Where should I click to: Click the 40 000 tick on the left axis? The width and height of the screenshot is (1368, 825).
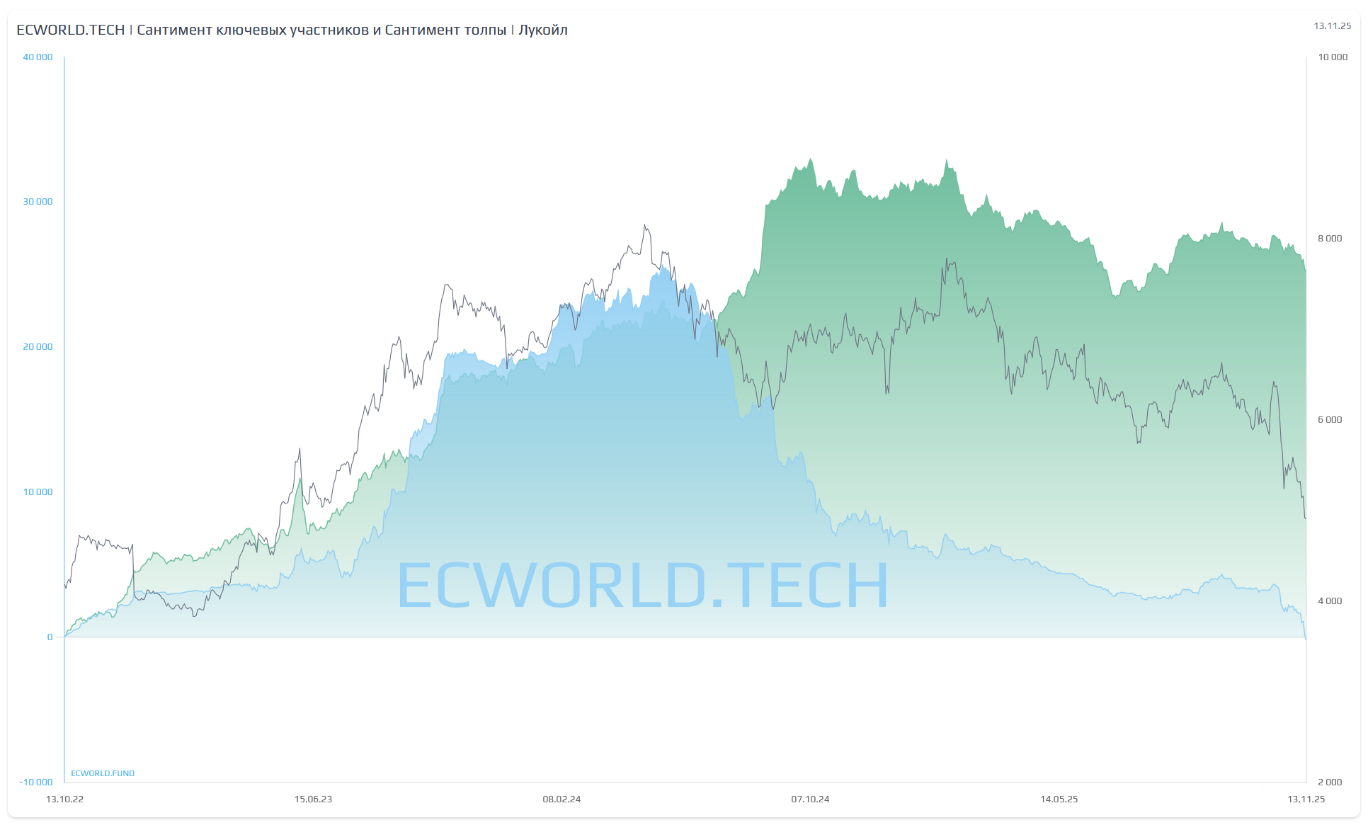click(38, 57)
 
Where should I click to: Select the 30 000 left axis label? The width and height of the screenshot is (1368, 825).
click(38, 202)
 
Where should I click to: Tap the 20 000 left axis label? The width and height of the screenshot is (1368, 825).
click(38, 347)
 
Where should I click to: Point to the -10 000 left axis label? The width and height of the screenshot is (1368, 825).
click(36, 783)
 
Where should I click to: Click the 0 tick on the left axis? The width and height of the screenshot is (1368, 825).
click(50, 637)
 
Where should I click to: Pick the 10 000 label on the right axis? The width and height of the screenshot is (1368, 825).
click(1332, 57)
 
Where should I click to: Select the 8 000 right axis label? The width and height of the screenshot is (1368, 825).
click(1329, 239)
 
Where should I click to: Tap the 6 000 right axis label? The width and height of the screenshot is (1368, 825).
click(1329, 420)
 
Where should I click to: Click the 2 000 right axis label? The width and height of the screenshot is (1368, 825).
click(1329, 783)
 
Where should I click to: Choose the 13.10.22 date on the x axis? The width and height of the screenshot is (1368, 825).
click(64, 800)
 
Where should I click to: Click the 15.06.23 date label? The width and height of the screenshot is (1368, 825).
click(313, 800)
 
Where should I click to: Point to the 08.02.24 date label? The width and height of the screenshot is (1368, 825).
click(562, 800)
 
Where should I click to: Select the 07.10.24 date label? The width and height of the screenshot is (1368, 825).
click(810, 800)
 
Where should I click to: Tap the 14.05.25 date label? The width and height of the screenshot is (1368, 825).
click(1059, 800)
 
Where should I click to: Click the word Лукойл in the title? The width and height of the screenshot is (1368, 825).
click(542, 30)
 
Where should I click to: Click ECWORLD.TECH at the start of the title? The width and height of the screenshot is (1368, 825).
click(70, 30)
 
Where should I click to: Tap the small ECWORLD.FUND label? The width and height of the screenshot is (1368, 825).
click(103, 773)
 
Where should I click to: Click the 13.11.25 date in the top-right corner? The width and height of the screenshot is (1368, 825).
click(1332, 26)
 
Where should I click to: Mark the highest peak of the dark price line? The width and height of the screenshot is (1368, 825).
click(644, 226)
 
